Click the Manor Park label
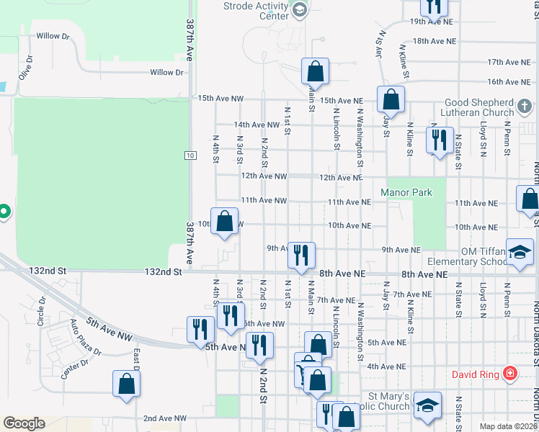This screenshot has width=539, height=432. click(406, 192)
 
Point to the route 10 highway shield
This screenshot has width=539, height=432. click(190, 156)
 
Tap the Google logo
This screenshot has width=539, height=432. click(24, 423)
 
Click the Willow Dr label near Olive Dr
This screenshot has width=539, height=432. click(53, 35)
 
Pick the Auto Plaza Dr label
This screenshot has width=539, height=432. click(86, 338)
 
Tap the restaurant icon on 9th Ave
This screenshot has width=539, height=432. click(301, 253)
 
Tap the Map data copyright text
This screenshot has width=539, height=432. click(507, 426)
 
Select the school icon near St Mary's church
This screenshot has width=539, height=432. click(427, 406)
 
